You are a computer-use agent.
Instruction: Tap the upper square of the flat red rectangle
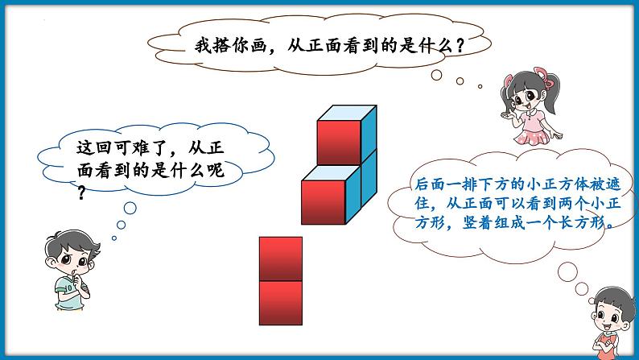[x=281, y=259]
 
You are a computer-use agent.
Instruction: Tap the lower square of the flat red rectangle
[x=281, y=302]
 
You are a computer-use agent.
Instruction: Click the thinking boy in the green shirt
[x=75, y=274]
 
